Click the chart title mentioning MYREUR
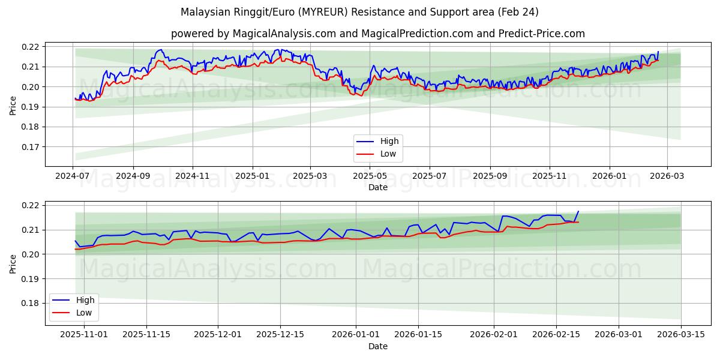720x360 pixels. [359, 12]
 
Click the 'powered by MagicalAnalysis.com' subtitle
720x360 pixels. [377, 34]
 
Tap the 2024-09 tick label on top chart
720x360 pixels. [133, 176]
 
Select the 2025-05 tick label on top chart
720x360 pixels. [370, 176]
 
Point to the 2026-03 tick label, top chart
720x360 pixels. [667, 176]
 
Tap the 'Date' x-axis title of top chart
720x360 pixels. [377, 187]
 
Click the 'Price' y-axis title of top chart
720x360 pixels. [13, 105]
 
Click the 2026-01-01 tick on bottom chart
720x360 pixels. [356, 335]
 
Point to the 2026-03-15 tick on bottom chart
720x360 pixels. [681, 335]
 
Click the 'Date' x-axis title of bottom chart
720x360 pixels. [377, 346]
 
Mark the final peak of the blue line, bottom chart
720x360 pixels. [578, 211]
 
